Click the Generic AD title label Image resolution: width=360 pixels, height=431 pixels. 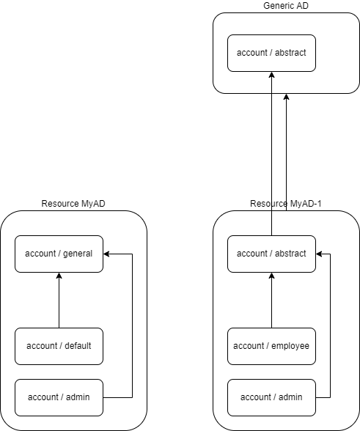click(286, 6)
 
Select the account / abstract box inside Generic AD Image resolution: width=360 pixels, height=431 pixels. click(271, 53)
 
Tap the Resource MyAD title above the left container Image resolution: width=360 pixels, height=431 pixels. click(73, 204)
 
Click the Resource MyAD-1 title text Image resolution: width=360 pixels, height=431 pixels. click(286, 204)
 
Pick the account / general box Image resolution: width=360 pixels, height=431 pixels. click(59, 254)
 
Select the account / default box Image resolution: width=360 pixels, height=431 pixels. click(59, 346)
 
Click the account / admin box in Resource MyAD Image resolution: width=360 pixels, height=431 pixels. click(59, 397)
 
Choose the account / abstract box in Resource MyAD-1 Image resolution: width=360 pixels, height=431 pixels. click(271, 254)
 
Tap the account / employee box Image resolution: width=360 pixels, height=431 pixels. click(271, 346)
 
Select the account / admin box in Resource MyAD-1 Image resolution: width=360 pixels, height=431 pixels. click(271, 397)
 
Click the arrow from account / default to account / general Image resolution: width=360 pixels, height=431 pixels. click(59, 301)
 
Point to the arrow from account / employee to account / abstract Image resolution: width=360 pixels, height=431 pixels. click(271, 301)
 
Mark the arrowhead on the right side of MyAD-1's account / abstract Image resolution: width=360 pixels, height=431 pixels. click(320, 254)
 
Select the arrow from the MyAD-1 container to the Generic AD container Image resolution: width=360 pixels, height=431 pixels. click(286, 154)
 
